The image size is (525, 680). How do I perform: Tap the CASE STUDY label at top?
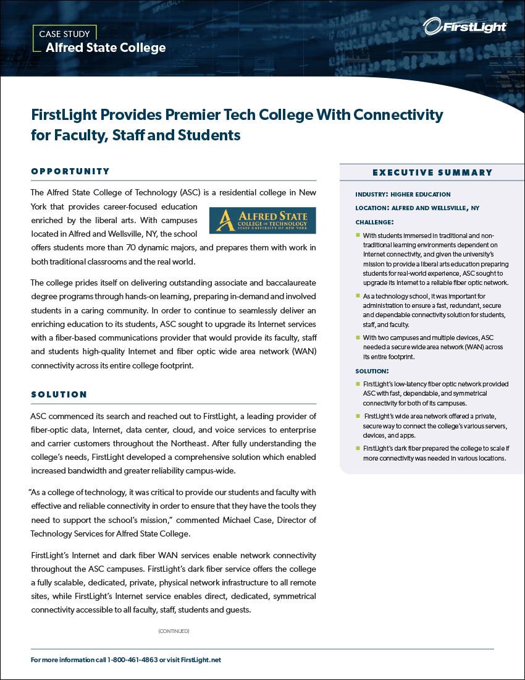tap(64, 34)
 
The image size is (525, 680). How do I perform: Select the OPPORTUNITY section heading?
tap(70, 171)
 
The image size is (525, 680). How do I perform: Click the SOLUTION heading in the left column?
tap(59, 394)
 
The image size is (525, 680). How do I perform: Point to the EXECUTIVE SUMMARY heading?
tap(432, 172)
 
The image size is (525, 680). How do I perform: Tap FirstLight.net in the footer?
tap(199, 660)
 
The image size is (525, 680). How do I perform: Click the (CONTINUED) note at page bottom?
tap(174, 631)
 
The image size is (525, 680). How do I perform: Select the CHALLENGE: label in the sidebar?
tap(374, 222)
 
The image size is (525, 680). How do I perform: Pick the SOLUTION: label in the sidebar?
tap(372, 371)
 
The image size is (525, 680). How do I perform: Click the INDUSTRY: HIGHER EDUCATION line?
tap(403, 194)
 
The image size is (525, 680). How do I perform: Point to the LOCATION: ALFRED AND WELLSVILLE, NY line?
tap(417, 208)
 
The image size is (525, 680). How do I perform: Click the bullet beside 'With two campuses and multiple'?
tap(358, 338)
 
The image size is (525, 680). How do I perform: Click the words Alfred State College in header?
tap(106, 48)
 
